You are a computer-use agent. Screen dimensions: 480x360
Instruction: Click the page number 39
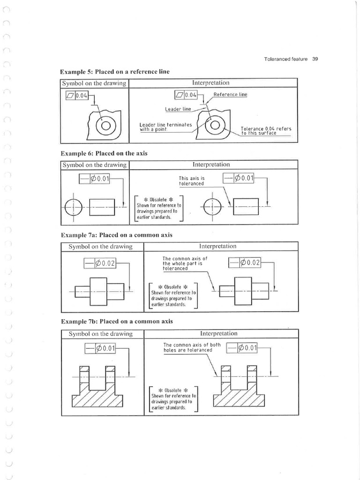click(x=315, y=59)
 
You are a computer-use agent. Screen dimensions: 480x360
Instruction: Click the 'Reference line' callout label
click(x=230, y=94)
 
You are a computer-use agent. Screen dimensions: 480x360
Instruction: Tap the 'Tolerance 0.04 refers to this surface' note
click(x=266, y=130)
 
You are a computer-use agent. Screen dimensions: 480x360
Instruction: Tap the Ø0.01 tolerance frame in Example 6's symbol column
click(x=94, y=179)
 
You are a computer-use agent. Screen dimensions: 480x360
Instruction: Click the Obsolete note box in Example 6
click(x=158, y=208)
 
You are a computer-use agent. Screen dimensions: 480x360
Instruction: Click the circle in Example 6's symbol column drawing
click(x=73, y=206)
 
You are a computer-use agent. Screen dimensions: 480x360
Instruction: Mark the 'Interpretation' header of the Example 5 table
click(x=210, y=83)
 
